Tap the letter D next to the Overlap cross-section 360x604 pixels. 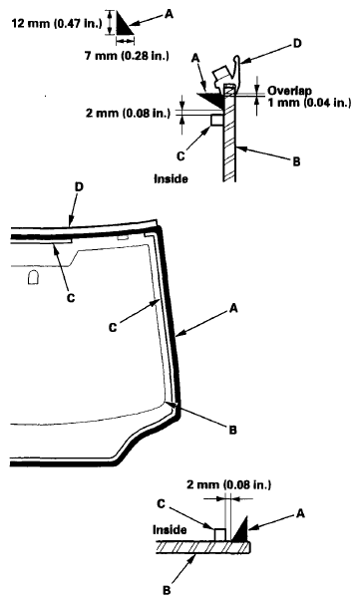(x=295, y=45)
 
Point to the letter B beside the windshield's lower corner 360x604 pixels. (x=231, y=429)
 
